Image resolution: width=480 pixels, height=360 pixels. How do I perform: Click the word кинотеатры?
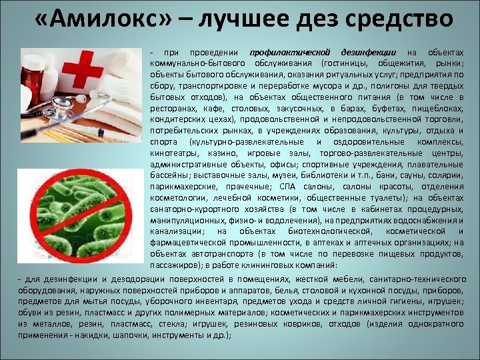pyautogui.click(x=170, y=153)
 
